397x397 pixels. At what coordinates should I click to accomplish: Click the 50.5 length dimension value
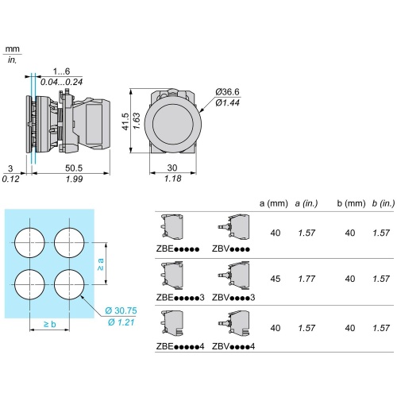pos(74,168)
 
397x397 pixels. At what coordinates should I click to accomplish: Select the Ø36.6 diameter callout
pos(227,92)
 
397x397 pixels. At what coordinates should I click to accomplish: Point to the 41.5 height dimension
pos(125,121)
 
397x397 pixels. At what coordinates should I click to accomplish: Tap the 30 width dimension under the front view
pos(172,168)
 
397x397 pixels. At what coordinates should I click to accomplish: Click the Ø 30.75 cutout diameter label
pos(121,310)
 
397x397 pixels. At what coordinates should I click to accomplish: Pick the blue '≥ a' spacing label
pos(101,264)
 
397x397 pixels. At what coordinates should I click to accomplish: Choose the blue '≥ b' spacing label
pos(50,324)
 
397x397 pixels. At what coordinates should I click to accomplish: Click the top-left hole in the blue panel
pos(29,242)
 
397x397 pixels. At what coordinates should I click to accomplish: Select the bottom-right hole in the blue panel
pos(69,284)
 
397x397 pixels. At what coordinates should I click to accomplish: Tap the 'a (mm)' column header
pos(274,203)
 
